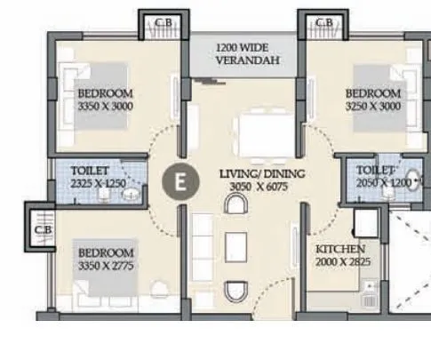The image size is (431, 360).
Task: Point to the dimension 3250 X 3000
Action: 373,106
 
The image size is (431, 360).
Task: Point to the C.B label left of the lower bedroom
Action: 41,228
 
